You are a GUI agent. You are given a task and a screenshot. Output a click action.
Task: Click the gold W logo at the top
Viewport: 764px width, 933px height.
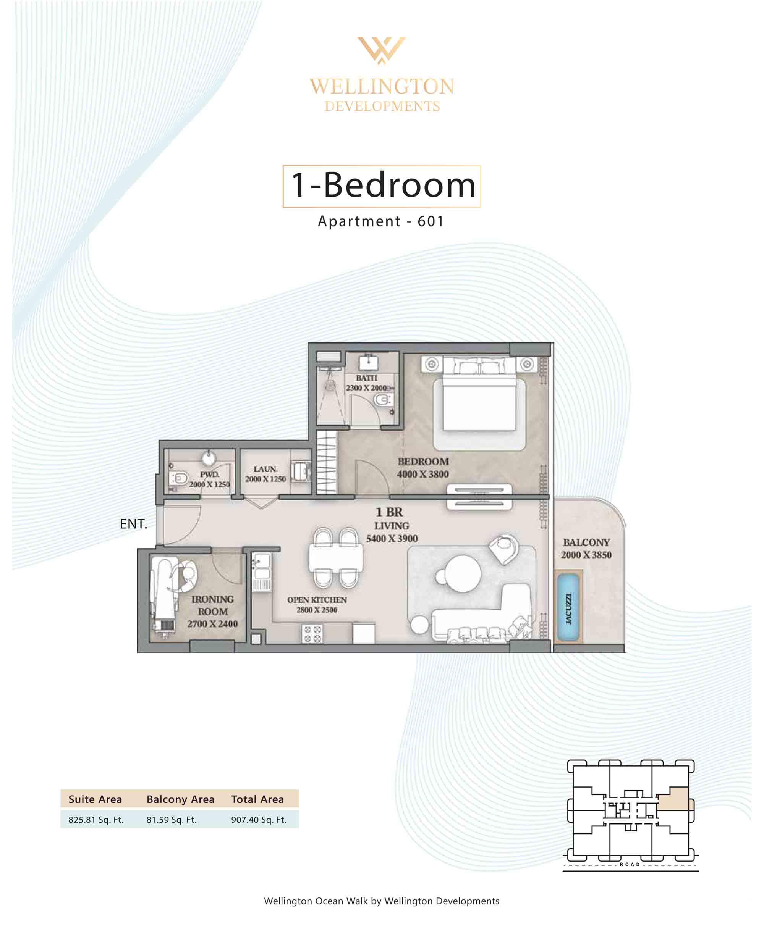[x=382, y=50]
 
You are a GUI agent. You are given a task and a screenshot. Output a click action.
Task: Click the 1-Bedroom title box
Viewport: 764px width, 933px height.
[x=382, y=186]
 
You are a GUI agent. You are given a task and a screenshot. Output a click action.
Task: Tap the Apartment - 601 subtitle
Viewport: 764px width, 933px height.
[x=381, y=221]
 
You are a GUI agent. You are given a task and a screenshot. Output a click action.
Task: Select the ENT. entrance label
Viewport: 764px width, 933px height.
[x=133, y=524]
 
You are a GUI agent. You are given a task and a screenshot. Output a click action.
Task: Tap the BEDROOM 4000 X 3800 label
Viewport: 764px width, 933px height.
[x=423, y=468]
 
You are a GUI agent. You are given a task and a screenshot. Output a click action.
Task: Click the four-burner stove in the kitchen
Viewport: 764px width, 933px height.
[x=312, y=634]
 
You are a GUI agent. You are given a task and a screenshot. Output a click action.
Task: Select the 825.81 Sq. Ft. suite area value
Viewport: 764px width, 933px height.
[x=96, y=820]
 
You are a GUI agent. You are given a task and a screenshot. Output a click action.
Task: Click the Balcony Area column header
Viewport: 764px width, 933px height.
[x=180, y=799]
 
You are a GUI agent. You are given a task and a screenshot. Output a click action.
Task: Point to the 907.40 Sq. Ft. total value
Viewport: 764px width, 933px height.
[x=259, y=820]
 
